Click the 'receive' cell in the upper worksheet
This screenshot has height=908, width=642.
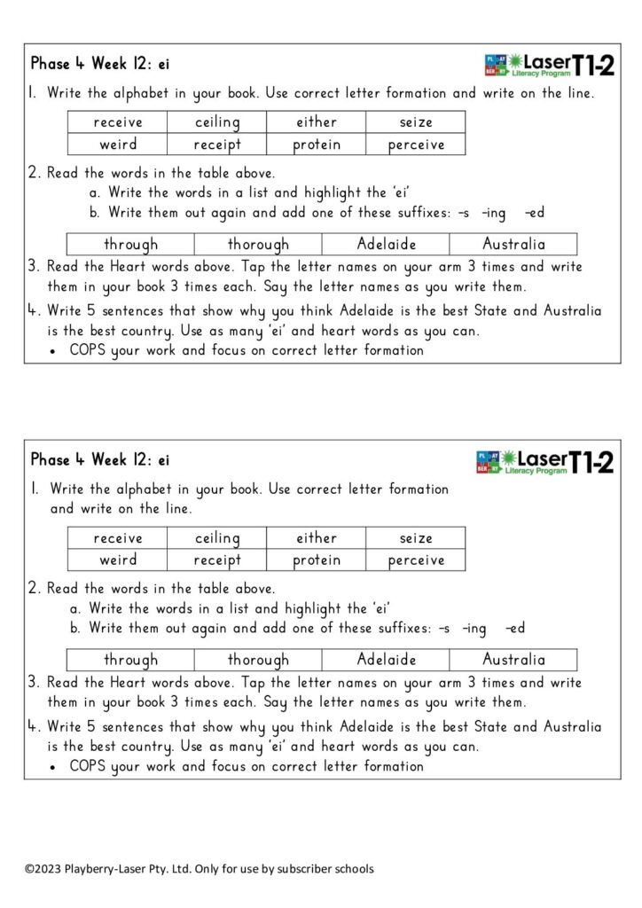[x=118, y=122]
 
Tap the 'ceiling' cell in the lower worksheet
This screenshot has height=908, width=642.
[x=217, y=538]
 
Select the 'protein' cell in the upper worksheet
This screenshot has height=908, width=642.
[x=317, y=145]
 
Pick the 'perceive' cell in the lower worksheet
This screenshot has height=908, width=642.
[x=416, y=560]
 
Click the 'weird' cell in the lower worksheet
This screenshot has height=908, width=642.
[x=118, y=560]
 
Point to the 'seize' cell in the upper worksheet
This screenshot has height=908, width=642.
[x=416, y=122]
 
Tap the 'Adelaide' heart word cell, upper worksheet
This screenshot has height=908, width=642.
[x=386, y=244]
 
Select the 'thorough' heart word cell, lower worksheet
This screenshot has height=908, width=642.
[x=258, y=660]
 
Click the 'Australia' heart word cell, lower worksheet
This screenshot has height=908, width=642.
[x=513, y=660]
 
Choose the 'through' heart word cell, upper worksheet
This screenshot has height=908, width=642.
[x=130, y=244]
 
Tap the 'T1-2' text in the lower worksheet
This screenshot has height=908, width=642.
[x=591, y=462]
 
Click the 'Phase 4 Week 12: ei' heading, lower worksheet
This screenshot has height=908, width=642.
[x=100, y=460]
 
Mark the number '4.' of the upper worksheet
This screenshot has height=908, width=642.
[x=34, y=311]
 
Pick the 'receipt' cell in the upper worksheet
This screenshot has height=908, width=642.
[x=217, y=145]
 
